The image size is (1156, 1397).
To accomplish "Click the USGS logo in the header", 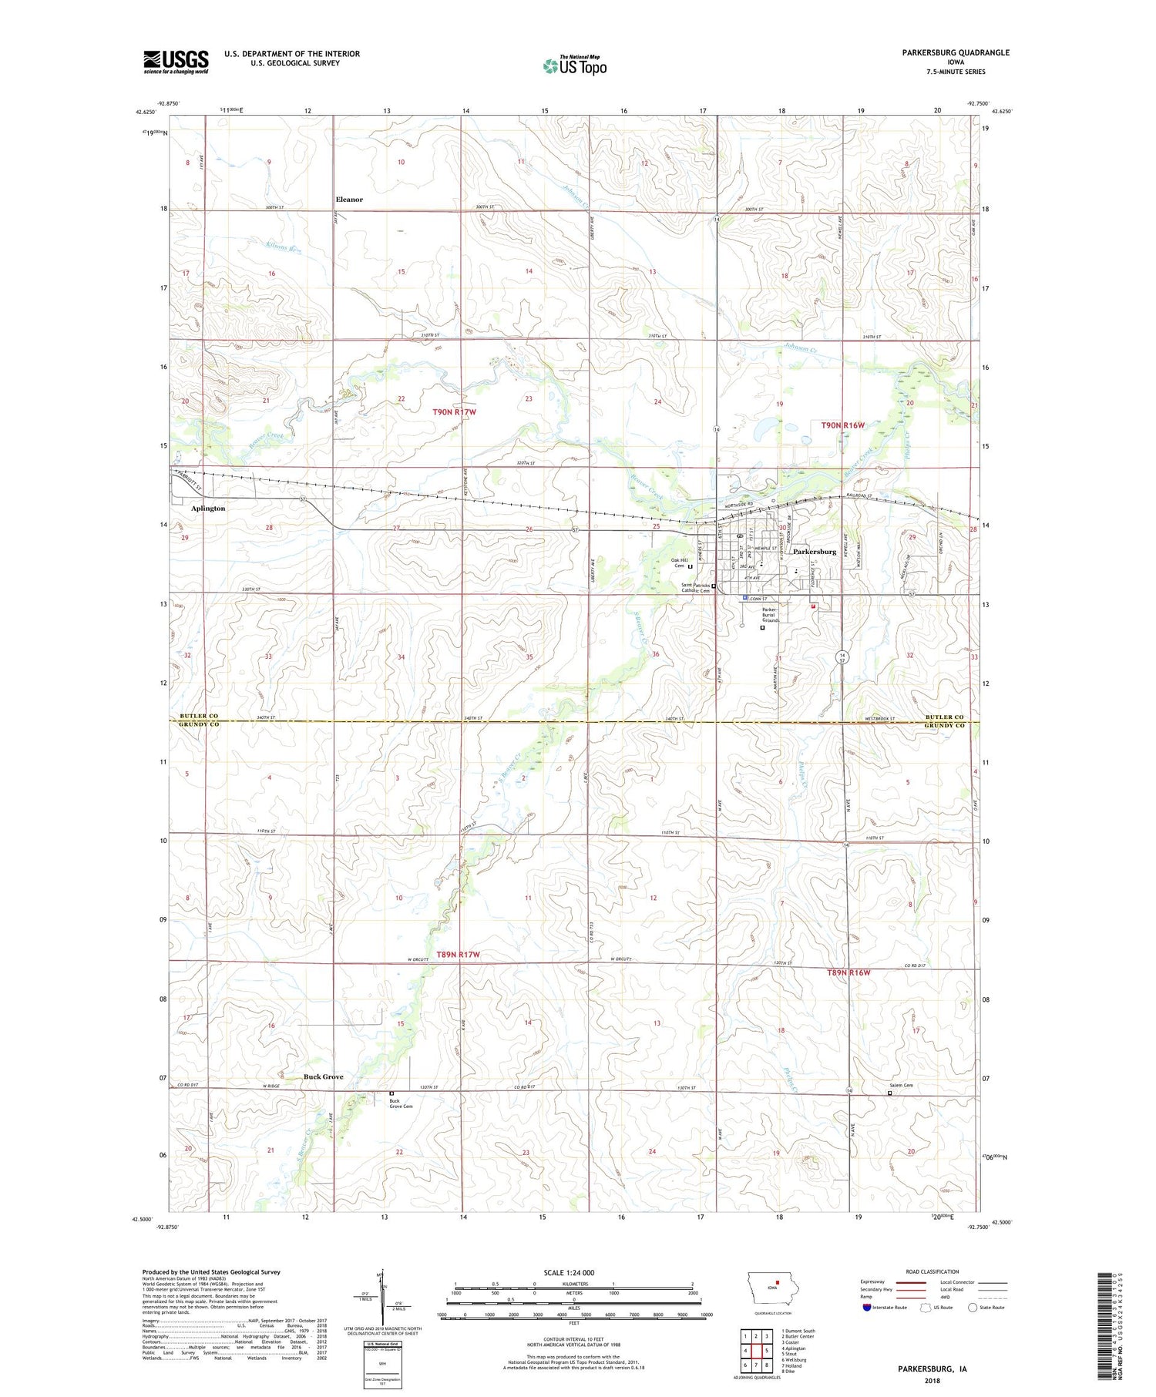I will tap(176, 62).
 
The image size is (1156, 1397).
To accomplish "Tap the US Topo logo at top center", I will tap(574, 65).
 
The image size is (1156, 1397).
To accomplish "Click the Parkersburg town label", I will tap(815, 552).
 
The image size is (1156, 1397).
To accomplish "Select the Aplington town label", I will tap(208, 509).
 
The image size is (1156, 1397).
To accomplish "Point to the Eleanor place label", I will tap(349, 200).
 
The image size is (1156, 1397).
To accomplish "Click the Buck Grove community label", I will tap(323, 1076).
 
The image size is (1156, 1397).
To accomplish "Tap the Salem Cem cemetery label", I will tap(902, 1086).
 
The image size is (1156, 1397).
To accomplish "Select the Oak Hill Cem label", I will tap(678, 563).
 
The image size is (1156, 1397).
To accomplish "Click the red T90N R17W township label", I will tap(454, 412).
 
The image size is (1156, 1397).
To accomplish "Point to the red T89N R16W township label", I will tap(849, 972).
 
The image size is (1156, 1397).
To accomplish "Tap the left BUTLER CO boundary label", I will tap(198, 717).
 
